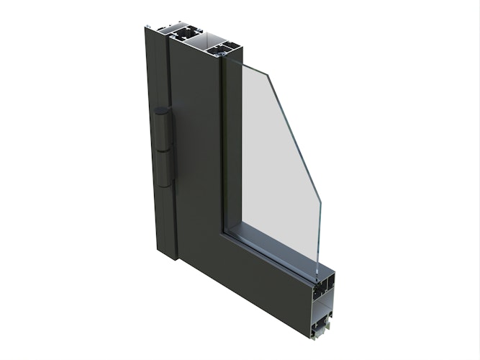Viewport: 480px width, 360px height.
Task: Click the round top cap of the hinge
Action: click(161, 111)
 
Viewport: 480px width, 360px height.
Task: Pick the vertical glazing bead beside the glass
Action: click(229, 144)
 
